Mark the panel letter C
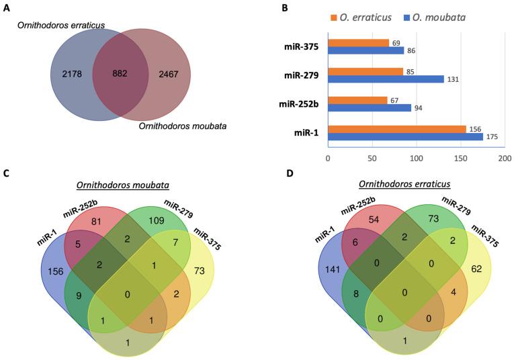click(x=6, y=174)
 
